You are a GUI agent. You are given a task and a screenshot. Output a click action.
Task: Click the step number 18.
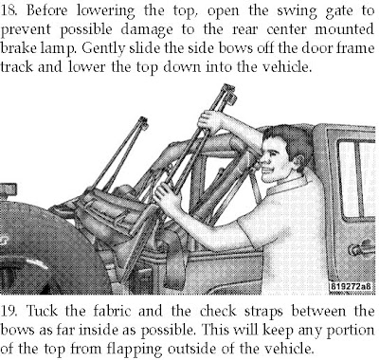(9, 10)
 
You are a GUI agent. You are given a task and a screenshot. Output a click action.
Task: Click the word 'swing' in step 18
(298, 12)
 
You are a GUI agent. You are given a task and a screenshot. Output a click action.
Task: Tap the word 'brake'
(19, 49)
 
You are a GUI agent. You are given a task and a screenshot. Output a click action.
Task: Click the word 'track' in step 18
(16, 67)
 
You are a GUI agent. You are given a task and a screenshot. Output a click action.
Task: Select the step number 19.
(9, 311)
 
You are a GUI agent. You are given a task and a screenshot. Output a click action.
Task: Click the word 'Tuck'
(42, 311)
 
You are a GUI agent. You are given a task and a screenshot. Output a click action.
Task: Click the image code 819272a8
(351, 286)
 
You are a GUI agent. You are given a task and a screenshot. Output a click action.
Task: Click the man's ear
(298, 161)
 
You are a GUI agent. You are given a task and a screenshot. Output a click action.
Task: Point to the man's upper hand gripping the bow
(209, 120)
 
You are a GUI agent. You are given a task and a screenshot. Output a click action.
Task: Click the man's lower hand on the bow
(167, 196)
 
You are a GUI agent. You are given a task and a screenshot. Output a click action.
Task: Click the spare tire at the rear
(47, 248)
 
